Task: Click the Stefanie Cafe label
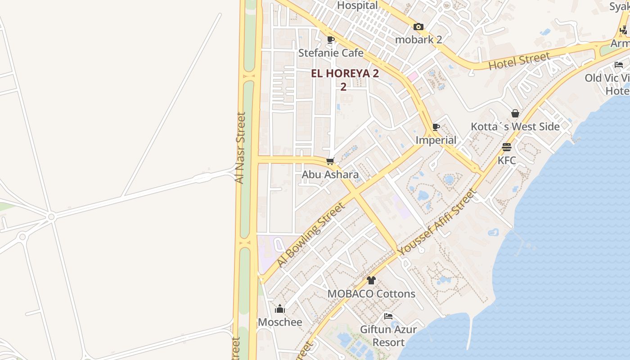click(331, 53)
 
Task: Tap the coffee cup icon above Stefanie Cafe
click(331, 40)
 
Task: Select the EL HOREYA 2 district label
click(345, 74)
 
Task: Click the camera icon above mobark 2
click(418, 27)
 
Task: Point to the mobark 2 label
click(418, 40)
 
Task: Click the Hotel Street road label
click(519, 61)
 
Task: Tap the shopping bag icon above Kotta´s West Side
click(515, 113)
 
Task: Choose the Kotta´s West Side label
click(515, 127)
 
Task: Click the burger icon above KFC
click(507, 147)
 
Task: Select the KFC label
click(507, 160)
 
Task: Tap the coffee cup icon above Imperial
click(436, 127)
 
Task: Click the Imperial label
click(436, 140)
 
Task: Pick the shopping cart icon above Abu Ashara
click(330, 161)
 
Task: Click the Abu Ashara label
click(330, 175)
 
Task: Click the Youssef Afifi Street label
click(437, 223)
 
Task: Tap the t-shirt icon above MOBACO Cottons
click(371, 280)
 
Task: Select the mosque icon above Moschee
click(280, 309)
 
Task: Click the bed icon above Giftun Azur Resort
click(388, 316)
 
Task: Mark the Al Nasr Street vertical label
click(240, 148)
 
